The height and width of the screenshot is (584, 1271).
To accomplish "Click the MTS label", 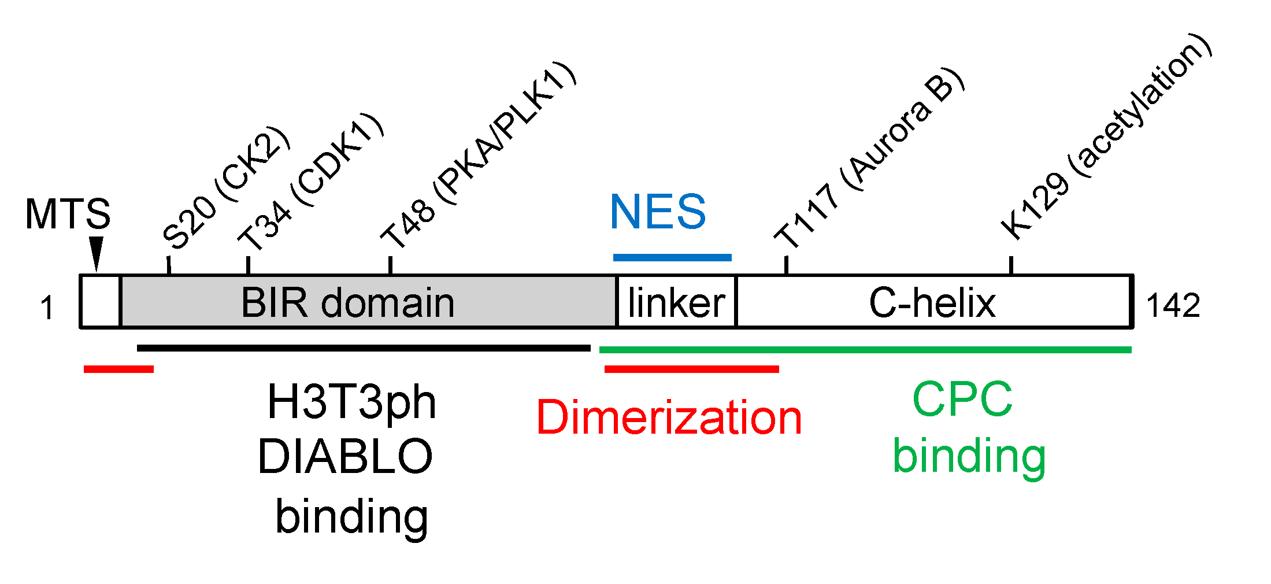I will pyautogui.click(x=68, y=215).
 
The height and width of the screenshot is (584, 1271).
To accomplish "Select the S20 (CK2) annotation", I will pyautogui.click(x=225, y=188).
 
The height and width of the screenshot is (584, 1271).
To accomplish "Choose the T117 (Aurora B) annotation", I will pyautogui.click(x=869, y=159).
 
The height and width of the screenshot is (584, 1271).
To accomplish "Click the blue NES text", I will pyautogui.click(x=658, y=212).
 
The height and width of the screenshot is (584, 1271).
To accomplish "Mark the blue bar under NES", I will pyautogui.click(x=672, y=257).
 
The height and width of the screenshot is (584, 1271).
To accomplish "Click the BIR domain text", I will pyautogui.click(x=347, y=302).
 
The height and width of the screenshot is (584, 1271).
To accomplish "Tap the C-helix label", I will pyautogui.click(x=932, y=302).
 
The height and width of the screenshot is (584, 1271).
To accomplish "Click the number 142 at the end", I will pyautogui.click(x=1173, y=305).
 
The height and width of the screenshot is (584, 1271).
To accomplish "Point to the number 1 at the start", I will pyautogui.click(x=47, y=308).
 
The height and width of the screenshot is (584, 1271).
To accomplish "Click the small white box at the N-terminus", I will pyautogui.click(x=101, y=301).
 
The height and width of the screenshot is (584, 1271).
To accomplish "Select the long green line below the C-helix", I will pyautogui.click(x=865, y=349).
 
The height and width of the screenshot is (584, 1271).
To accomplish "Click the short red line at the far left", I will pyautogui.click(x=118, y=369).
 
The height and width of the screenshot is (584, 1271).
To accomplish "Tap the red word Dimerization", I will pyautogui.click(x=669, y=417).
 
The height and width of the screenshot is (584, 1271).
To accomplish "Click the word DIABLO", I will pyautogui.click(x=345, y=457).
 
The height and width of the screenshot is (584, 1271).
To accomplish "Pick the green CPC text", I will pyautogui.click(x=962, y=399).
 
